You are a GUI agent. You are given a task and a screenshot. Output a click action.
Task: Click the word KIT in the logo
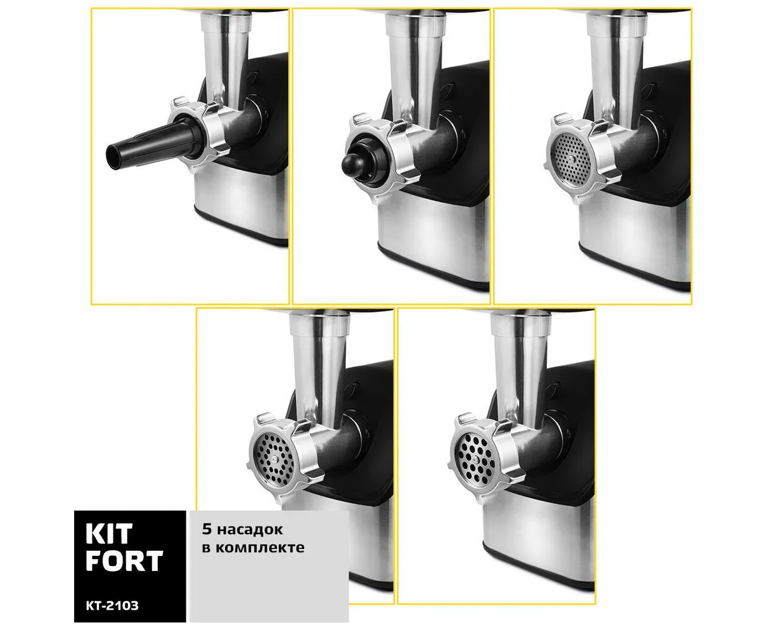click(109, 534)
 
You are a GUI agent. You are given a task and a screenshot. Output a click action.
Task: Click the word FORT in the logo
click(124, 561)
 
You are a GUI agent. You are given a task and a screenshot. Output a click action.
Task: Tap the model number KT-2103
click(112, 606)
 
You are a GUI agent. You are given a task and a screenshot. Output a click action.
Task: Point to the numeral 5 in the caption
click(207, 529)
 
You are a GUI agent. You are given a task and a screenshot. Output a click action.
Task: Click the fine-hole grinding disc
click(571, 160)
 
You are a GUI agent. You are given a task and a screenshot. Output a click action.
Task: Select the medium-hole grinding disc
click(273, 460)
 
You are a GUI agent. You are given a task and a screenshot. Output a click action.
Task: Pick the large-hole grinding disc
click(475, 459)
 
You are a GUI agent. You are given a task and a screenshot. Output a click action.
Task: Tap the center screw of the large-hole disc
click(475, 460)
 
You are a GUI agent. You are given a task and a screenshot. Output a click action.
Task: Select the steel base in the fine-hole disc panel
click(635, 238)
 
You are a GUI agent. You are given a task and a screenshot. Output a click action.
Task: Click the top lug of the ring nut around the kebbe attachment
click(359, 119)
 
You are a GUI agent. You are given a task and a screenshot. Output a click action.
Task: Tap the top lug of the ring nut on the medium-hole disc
click(266, 418)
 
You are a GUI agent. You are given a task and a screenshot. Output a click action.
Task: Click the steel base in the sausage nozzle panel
click(241, 203)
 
